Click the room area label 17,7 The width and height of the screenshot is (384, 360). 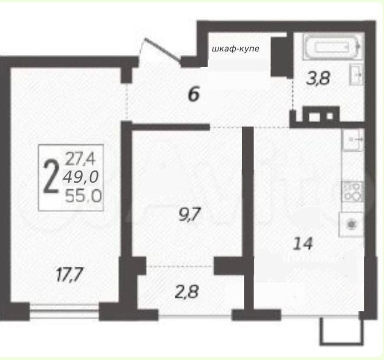click(70, 275)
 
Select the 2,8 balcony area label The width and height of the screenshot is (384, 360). click(187, 292)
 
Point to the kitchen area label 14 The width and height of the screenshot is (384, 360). click(303, 244)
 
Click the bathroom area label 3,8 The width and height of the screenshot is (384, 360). click(318, 78)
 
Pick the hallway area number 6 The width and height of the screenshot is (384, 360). click(194, 94)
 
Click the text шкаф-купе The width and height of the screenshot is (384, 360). click(235, 49)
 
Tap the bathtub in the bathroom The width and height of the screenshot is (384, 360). click(332, 47)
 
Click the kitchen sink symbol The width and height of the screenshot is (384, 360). click(353, 140)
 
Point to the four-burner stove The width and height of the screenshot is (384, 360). click(352, 191)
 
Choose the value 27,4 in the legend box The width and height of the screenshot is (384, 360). click(80, 159)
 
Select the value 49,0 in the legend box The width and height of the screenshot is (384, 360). click(81, 177)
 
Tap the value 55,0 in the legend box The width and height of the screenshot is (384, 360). click(83, 196)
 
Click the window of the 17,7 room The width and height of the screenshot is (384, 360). click(64, 311)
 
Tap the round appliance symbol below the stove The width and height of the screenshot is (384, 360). click(352, 224)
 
